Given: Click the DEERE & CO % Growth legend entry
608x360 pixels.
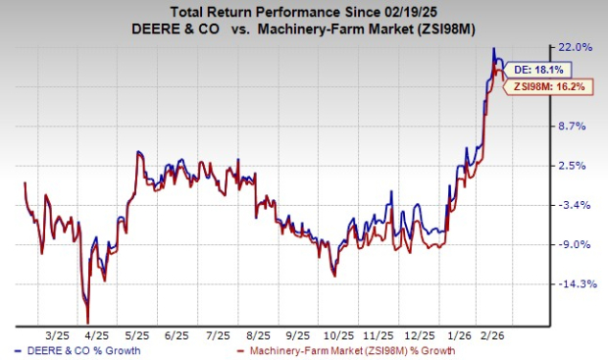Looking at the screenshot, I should point(77,351).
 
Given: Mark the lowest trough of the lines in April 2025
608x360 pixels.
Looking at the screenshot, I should point(88,322).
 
